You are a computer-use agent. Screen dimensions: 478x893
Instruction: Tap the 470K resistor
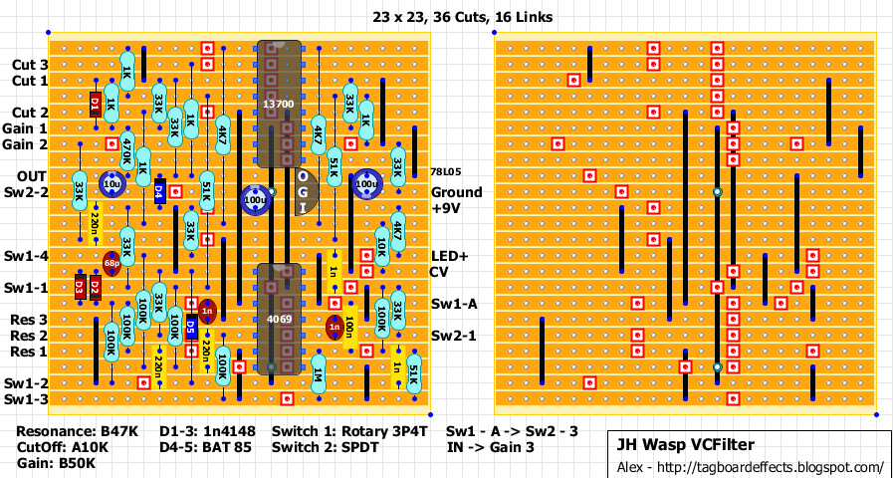126,151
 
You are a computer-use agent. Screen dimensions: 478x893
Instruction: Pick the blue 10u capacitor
112,184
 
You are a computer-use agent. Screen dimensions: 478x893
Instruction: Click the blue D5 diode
191,327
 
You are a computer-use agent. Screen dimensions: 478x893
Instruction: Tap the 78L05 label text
445,172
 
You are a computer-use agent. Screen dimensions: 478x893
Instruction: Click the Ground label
455,192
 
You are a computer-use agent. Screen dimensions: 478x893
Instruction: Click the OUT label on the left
30,176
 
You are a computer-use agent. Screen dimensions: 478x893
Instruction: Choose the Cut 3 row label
29,65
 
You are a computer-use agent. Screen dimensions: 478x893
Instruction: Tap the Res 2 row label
29,336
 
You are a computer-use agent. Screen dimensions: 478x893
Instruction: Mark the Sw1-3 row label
26,399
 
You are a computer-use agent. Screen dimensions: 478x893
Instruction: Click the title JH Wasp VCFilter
683,445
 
